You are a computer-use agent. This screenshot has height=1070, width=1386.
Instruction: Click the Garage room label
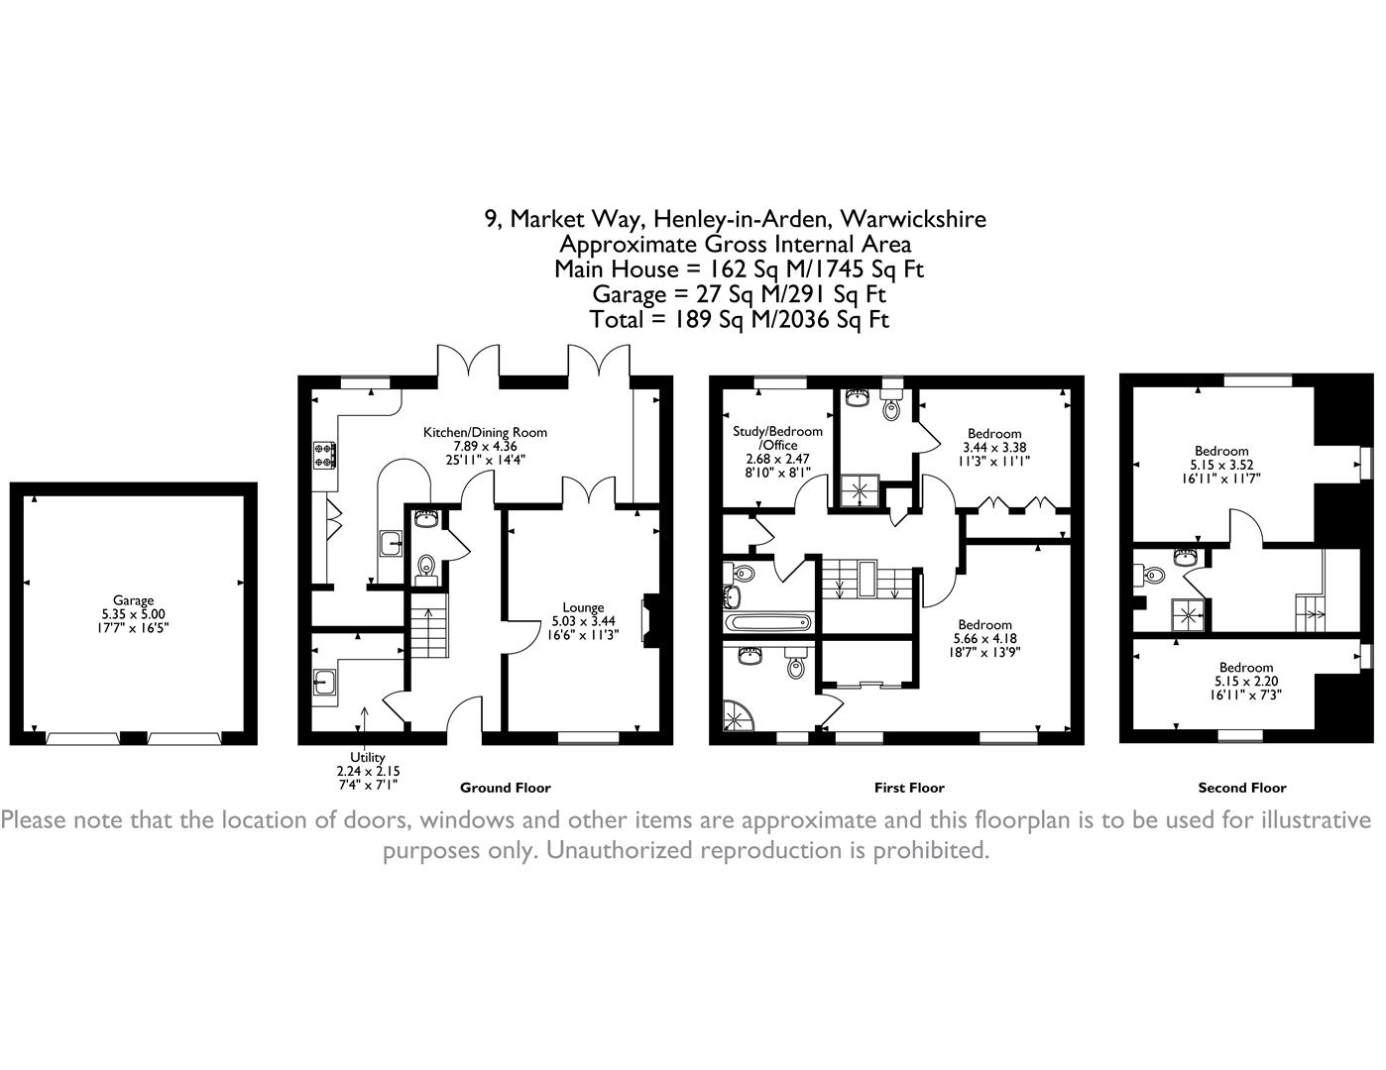[133, 600]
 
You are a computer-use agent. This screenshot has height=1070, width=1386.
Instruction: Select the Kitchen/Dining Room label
[485, 432]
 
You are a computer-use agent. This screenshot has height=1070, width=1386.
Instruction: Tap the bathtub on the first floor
[768, 623]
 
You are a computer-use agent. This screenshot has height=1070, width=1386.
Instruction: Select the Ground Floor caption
[505, 788]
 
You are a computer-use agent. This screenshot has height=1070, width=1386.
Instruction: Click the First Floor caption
[909, 788]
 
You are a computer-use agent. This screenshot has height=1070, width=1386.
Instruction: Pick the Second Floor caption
[1242, 788]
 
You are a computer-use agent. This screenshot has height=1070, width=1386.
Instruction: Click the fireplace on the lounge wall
[649, 620]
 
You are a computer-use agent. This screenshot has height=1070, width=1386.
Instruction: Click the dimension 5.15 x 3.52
[1220, 465]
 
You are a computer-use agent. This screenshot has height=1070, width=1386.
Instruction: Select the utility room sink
[324, 683]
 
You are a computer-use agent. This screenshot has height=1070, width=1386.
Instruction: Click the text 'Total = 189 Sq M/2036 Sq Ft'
[739, 319]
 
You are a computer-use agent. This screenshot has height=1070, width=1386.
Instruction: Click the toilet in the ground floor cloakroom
[426, 565]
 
